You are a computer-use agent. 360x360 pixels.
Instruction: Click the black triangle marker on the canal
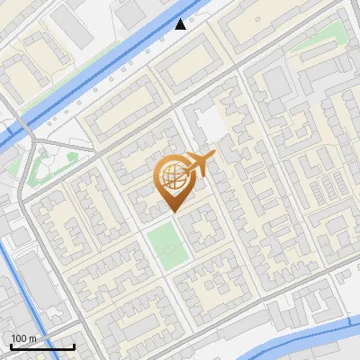(x=181, y=24)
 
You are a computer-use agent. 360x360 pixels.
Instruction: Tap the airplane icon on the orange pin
(x=202, y=163)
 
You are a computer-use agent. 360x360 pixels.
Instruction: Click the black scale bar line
(x=42, y=346)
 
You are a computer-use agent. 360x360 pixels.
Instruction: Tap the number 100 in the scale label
(x=18, y=338)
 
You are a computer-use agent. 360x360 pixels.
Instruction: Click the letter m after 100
(x=31, y=338)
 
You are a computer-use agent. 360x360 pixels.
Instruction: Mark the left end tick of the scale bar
(x=11, y=345)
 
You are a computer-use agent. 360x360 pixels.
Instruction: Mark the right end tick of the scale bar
(x=74, y=345)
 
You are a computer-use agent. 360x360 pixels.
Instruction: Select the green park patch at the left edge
(x=38, y=166)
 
